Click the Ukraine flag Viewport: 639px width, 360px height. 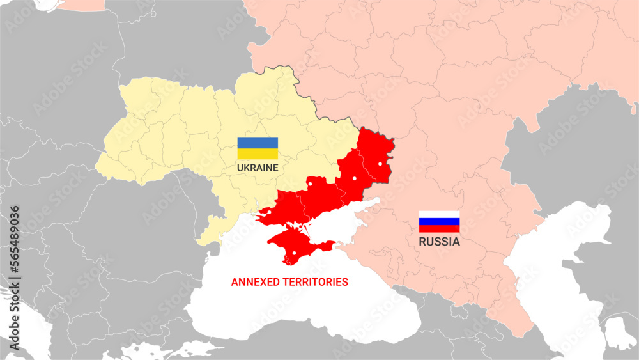click(x=258, y=148)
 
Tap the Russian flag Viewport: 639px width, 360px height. click(x=439, y=221)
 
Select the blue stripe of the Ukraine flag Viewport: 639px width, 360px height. click(x=258, y=143)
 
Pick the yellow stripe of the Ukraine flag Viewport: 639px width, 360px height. click(x=258, y=154)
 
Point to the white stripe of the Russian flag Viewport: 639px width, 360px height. click(x=439, y=214)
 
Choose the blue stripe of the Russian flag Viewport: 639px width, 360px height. click(x=439, y=221)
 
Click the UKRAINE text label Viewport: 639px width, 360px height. click(x=258, y=168)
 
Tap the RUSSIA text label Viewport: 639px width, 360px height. click(x=439, y=242)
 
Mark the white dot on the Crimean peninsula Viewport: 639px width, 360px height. click(x=294, y=253)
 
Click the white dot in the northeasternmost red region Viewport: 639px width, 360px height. click(x=380, y=164)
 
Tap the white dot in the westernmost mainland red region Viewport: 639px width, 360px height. click(x=270, y=212)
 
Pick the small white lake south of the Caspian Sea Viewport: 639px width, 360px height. click(x=619, y=333)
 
